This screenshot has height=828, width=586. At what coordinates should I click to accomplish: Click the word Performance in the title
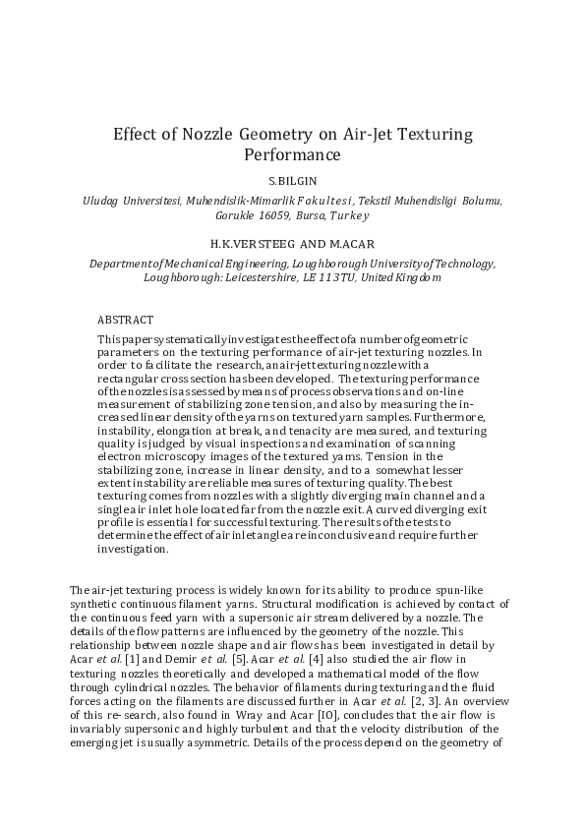[x=293, y=155]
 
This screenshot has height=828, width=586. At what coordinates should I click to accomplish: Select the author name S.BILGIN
[x=293, y=182]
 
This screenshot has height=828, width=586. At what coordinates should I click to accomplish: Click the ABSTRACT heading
[x=125, y=320]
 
